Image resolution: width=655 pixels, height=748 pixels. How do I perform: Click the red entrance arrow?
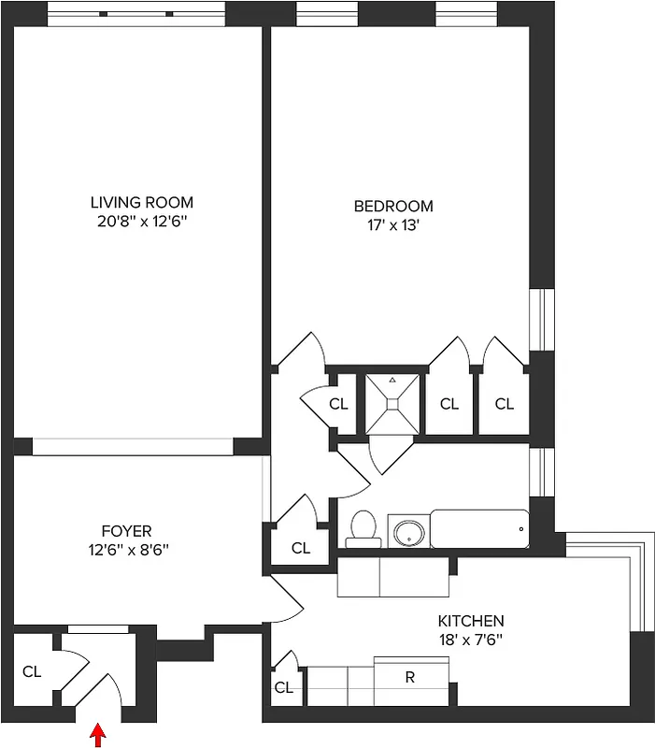[x=97, y=737]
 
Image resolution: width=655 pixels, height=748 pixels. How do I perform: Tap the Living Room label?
[x=142, y=202]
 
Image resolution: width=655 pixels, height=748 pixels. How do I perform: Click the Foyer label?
[x=126, y=531]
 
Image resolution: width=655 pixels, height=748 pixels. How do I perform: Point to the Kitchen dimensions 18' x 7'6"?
[x=471, y=639]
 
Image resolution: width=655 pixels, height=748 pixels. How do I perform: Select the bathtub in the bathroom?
[x=479, y=529]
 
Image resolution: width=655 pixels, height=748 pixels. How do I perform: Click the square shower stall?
[x=392, y=402]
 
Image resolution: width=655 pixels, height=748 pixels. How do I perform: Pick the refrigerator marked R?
[x=410, y=678]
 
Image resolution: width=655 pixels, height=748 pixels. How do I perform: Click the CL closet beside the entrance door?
[x=32, y=671]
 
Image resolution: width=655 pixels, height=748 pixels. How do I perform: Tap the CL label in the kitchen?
[x=284, y=688]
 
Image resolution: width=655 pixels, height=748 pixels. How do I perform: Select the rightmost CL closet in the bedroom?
[x=505, y=404]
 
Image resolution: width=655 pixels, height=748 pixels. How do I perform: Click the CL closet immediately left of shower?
[x=338, y=404]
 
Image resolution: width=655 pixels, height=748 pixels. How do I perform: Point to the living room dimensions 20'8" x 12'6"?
[x=142, y=221]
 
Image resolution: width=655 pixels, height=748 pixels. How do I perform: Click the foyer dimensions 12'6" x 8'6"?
[x=126, y=550]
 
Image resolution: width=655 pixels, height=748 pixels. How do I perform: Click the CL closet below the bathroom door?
[x=300, y=548]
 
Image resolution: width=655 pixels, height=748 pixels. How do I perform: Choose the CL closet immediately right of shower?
[x=449, y=404]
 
